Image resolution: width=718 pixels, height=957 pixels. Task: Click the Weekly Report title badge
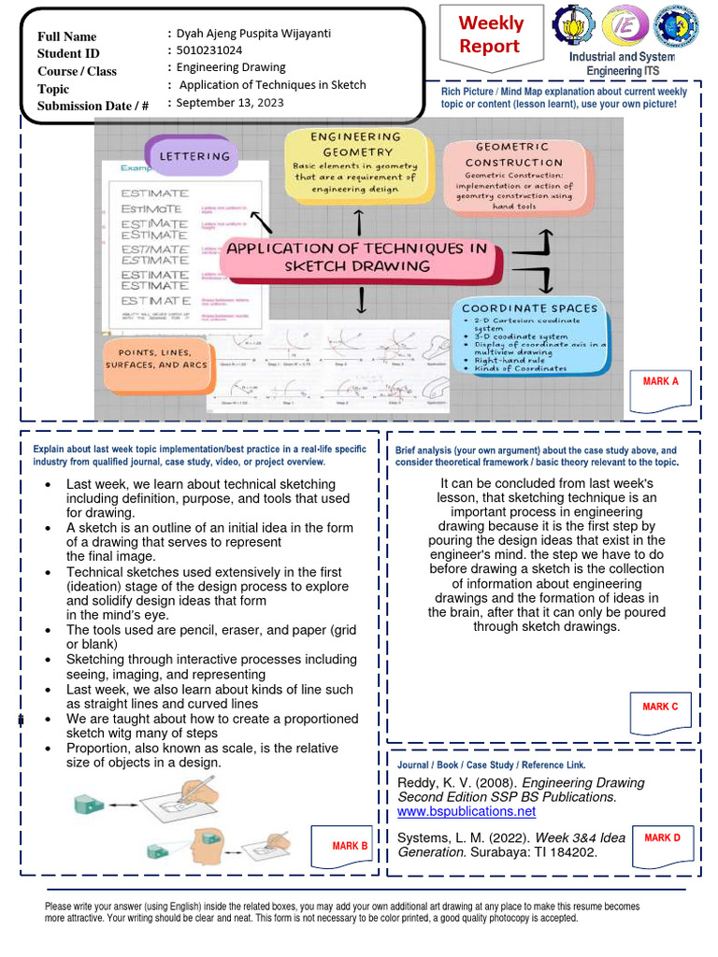[490, 36]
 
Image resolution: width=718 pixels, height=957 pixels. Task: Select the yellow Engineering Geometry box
[357, 163]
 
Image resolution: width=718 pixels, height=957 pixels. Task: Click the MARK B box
[349, 846]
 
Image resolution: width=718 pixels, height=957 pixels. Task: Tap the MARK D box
[662, 842]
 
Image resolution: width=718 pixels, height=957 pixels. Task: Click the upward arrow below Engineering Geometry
[359, 221]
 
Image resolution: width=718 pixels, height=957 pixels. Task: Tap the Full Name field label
[67, 36]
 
